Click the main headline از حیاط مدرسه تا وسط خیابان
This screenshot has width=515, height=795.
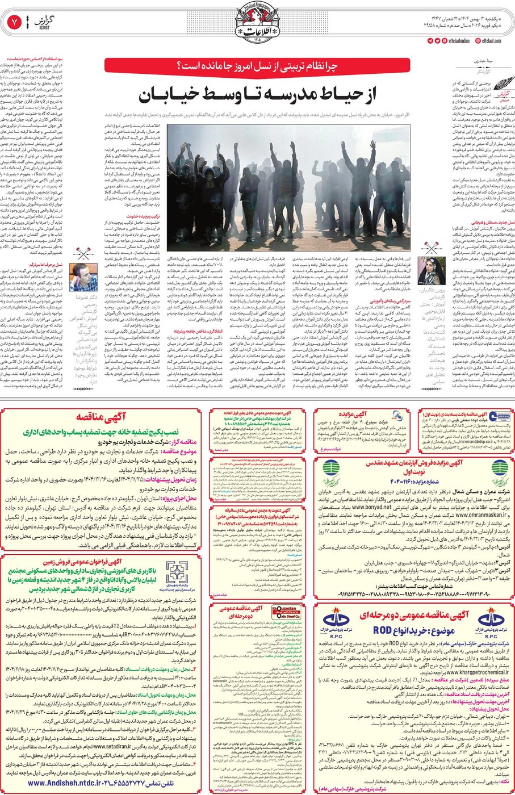pyautogui.click(x=257, y=94)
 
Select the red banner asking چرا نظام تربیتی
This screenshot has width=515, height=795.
pyautogui.click(x=257, y=65)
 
